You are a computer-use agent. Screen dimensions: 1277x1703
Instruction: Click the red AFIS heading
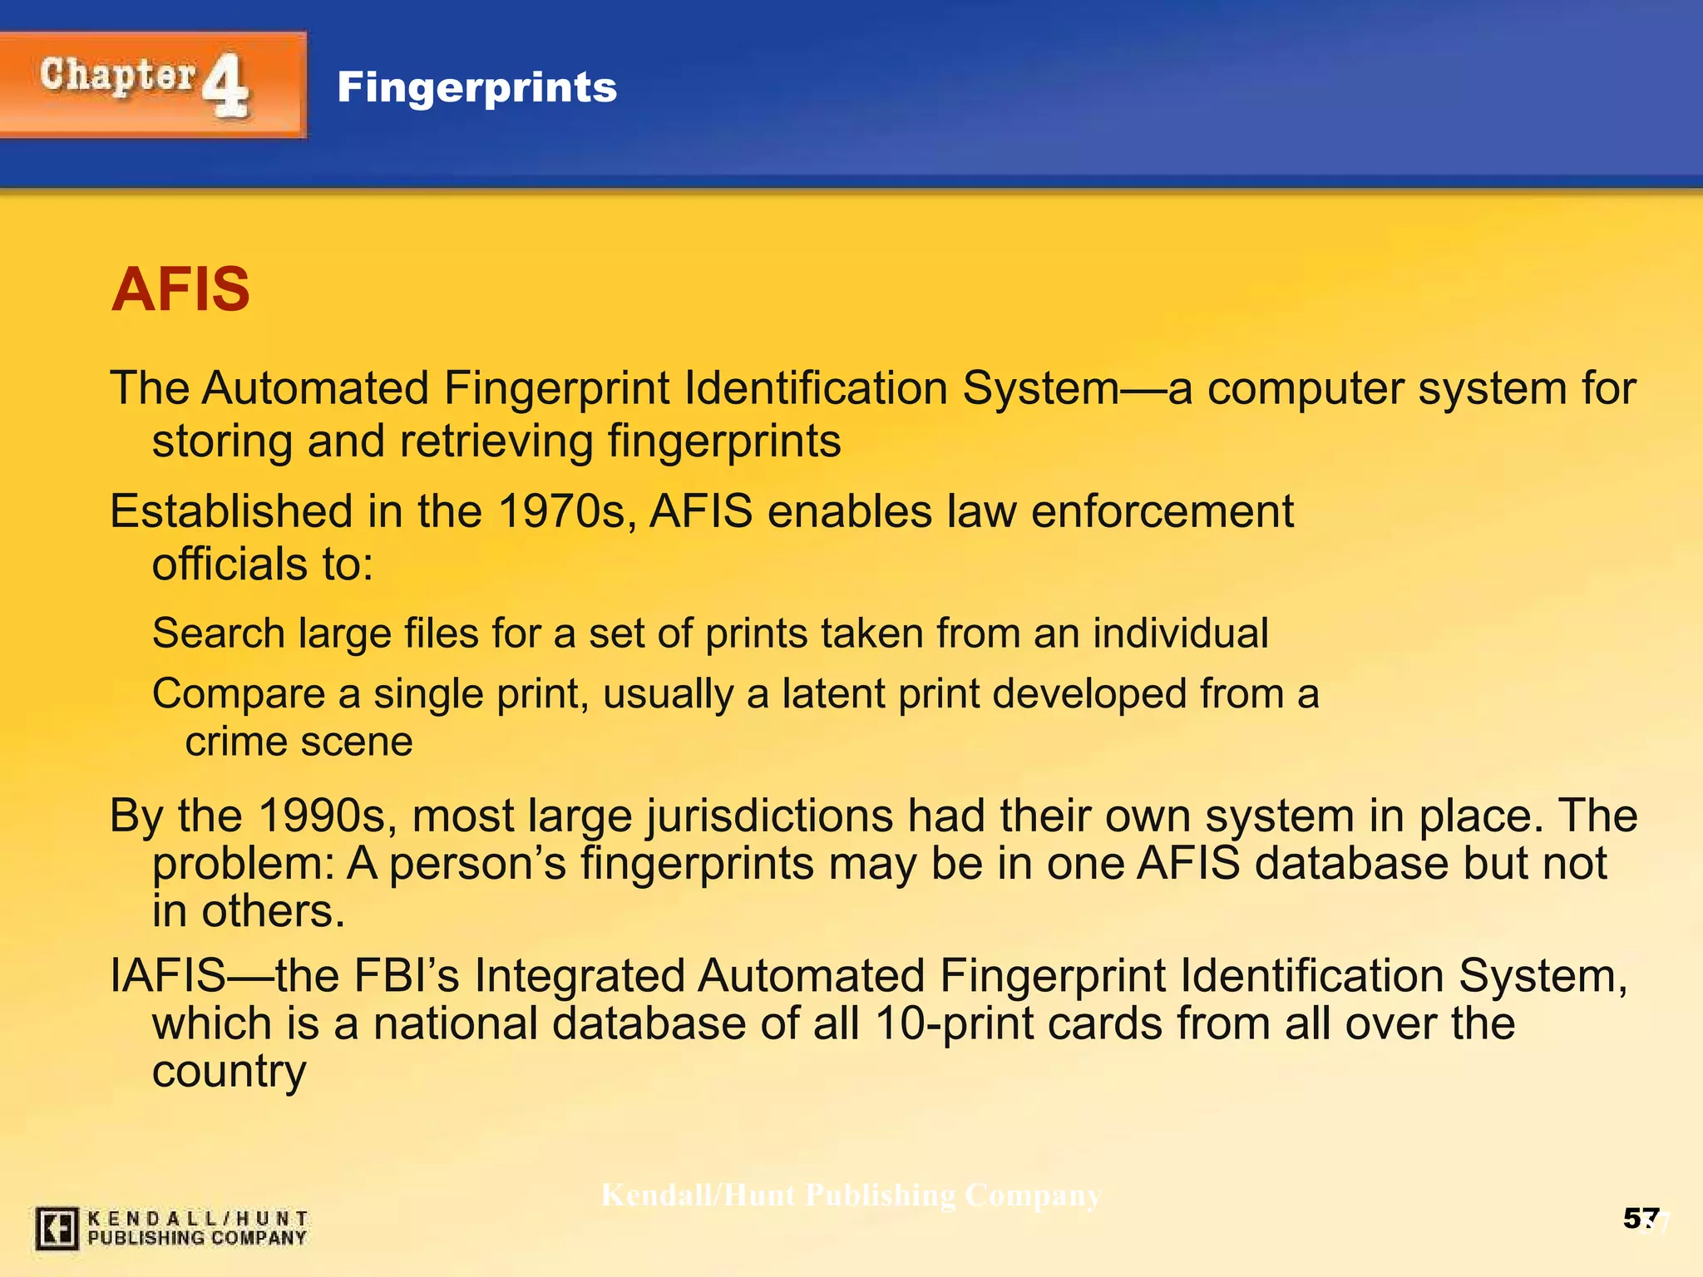coord(180,289)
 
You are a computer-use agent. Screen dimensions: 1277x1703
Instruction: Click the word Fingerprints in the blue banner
coord(476,87)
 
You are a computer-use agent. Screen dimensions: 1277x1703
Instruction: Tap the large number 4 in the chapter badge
coord(225,86)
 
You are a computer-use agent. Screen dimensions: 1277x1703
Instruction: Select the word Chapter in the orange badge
coord(117,76)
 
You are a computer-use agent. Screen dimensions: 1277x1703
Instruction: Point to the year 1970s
coord(566,511)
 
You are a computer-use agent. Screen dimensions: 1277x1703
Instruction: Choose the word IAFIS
coord(169,975)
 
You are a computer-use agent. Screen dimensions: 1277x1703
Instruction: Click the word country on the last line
coord(229,1072)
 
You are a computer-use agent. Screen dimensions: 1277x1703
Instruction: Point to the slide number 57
coord(1641,1219)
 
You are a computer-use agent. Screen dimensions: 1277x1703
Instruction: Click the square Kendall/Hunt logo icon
coord(57,1228)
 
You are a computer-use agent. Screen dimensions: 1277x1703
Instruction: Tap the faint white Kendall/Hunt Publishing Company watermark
coord(851,1196)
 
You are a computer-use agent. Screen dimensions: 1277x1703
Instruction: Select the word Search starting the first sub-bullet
coord(219,634)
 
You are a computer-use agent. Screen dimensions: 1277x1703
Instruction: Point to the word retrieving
coord(496,441)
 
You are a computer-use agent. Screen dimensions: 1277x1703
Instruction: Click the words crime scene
coord(299,742)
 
